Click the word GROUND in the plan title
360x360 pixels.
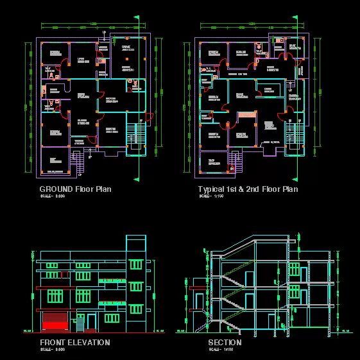click(56, 189)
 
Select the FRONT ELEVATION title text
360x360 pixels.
click(74, 343)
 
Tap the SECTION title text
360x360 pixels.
click(225, 343)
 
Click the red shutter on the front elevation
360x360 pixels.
click(53, 321)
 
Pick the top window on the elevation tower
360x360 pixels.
click(135, 264)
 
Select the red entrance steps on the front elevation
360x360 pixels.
click(53, 332)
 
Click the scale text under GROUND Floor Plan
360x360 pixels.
click(53, 196)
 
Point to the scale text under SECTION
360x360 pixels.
click(219, 349)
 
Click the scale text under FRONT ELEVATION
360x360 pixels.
click(53, 349)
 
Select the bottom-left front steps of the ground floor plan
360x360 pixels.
click(81, 166)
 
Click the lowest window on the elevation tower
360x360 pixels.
click(135, 309)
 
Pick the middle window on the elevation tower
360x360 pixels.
click(135, 287)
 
